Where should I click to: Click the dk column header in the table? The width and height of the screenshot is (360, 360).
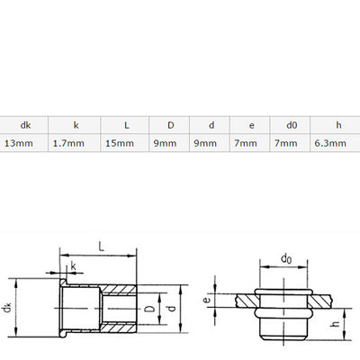(25, 125)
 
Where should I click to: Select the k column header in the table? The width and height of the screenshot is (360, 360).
(76, 125)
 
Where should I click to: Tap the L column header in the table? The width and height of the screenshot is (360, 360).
(127, 125)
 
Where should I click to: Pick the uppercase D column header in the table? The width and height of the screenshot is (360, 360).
(171, 125)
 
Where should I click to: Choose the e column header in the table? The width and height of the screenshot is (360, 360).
(252, 125)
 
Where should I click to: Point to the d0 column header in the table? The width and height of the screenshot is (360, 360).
(292, 125)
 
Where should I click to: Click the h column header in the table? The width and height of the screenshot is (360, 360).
(338, 125)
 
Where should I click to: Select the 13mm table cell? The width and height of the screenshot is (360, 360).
(19, 143)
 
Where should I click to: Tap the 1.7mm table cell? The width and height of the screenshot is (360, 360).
(68, 143)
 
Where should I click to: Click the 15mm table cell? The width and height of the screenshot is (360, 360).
(120, 143)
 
